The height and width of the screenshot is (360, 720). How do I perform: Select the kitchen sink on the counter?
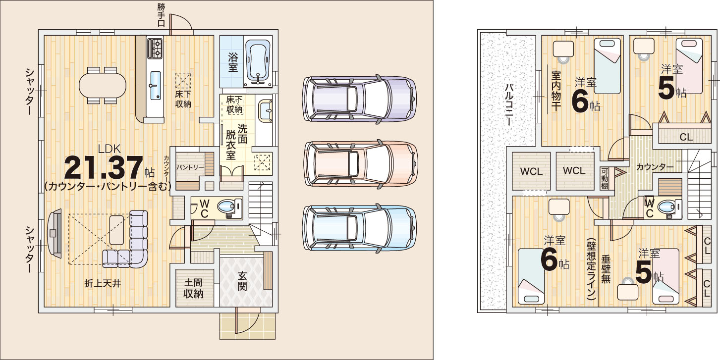pyautogui.click(x=155, y=85)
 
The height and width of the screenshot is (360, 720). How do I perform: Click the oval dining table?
pyautogui.click(x=103, y=85)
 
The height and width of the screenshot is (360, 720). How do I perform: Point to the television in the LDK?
pyautogui.click(x=55, y=233)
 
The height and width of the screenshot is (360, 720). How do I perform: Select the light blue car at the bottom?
pyautogui.click(x=359, y=228)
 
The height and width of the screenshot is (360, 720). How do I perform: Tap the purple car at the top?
pyautogui.click(x=359, y=99)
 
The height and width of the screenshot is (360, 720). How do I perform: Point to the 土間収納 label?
pyautogui.click(x=193, y=288)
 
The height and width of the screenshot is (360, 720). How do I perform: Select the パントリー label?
pyautogui.click(x=190, y=167)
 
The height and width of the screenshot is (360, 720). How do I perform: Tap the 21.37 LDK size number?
pyautogui.click(x=104, y=168)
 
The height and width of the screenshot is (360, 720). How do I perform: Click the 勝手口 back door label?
pyautogui.click(x=161, y=15)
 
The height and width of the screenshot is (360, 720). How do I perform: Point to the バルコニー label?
pyautogui.click(x=508, y=104)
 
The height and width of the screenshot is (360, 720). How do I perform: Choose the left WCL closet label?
pyautogui.click(x=531, y=171)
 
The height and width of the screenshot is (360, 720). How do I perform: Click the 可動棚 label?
pyautogui.click(x=604, y=179)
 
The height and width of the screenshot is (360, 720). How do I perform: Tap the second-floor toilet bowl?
pyautogui.click(x=666, y=207)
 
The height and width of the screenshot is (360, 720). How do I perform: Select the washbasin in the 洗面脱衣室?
pyautogui.click(x=265, y=111)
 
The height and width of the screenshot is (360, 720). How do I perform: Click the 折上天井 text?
pyautogui.click(x=103, y=284)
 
